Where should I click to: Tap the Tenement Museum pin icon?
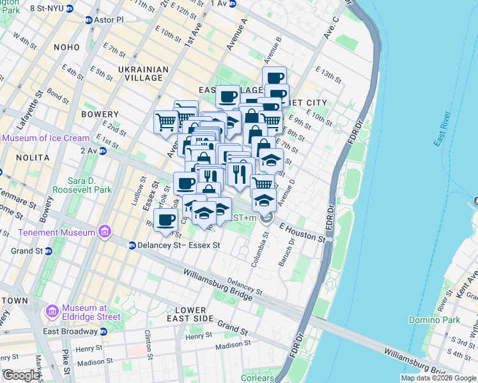pyautogui.click(x=107, y=232)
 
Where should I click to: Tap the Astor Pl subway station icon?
pyautogui.click(x=89, y=20)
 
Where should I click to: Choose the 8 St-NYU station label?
pyautogui.click(x=38, y=7)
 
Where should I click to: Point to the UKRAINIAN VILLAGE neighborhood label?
pyautogui.click(x=144, y=73)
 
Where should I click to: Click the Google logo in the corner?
pyautogui.click(x=21, y=375)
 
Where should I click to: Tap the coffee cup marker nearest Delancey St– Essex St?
pyautogui.click(x=166, y=219)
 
